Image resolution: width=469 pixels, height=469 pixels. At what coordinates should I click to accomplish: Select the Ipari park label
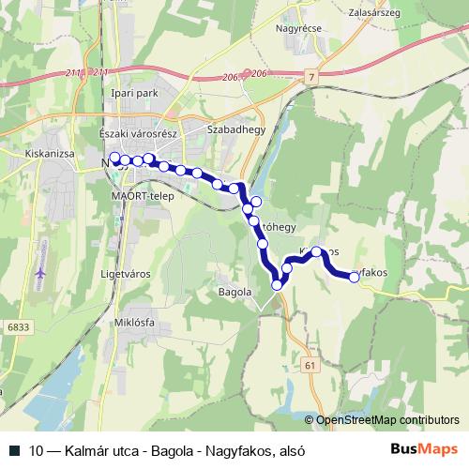point(131,95)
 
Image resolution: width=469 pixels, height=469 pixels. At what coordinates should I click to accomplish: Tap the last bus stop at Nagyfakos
point(355,277)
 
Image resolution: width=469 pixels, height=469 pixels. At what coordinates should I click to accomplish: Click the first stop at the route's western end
point(114,158)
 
